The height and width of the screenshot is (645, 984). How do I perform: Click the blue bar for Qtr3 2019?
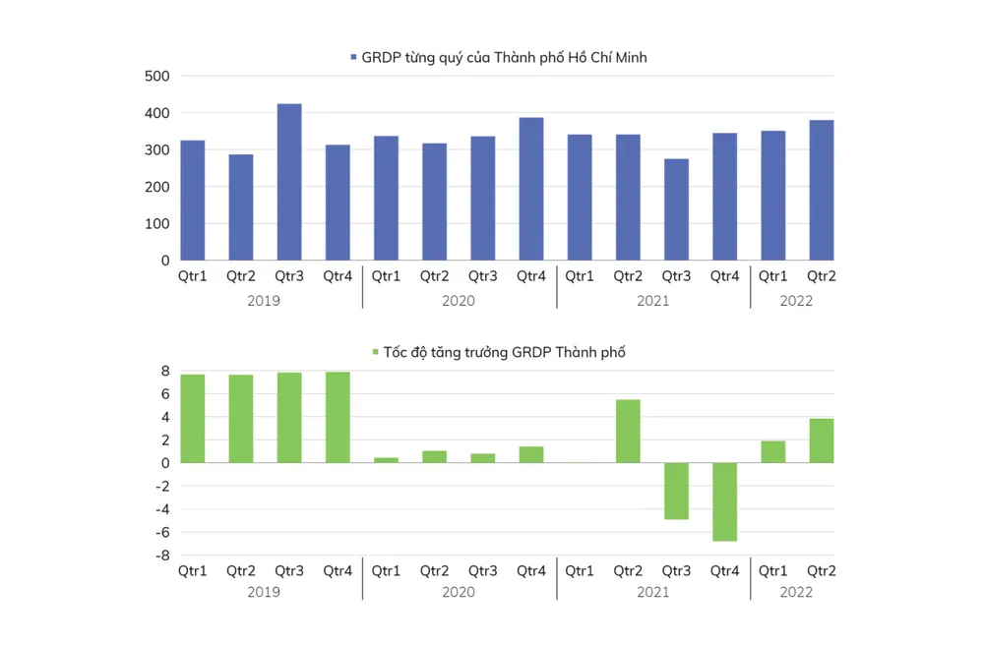pos(289,182)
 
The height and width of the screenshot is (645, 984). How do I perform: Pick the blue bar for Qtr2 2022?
pos(822,190)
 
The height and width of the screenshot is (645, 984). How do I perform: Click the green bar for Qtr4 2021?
pos(725,501)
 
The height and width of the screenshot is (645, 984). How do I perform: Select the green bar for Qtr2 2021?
pos(628,431)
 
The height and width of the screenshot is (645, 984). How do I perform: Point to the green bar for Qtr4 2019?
pos(338,417)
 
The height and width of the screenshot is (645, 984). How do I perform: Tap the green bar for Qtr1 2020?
pos(386,459)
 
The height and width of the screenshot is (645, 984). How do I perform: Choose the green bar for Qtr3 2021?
pos(676,491)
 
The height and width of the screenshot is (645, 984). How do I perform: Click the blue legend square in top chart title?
pos(354,58)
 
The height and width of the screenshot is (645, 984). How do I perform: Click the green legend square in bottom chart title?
pos(375,352)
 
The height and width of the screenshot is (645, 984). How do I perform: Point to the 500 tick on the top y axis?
pos(157,76)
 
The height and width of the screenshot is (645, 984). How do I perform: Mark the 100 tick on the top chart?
pos(157,224)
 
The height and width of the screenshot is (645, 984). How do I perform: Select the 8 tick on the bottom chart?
pos(165,371)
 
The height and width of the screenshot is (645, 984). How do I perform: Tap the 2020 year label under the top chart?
pos(459,301)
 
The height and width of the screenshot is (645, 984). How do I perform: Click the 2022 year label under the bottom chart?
pos(796,592)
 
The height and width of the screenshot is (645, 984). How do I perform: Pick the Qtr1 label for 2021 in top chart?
pos(580,276)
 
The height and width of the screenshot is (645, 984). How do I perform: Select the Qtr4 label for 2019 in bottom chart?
pos(338,570)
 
